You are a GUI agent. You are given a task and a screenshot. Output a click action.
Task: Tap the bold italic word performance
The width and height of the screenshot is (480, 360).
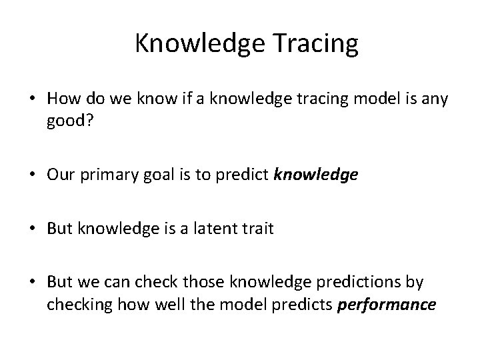point(388,304)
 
